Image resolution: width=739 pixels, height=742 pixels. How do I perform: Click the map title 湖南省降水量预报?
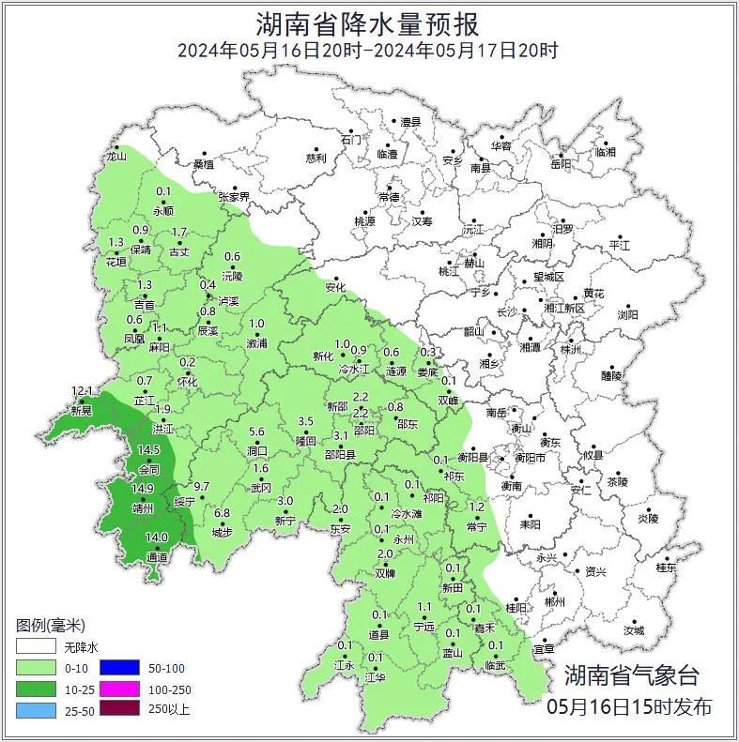tap(368, 23)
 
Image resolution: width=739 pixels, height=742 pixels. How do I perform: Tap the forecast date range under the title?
tap(368, 51)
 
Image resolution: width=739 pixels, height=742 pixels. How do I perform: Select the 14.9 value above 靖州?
tap(143, 489)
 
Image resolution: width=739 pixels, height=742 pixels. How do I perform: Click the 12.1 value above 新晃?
tap(84, 390)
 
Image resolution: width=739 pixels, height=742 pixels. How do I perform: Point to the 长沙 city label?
tap(507, 312)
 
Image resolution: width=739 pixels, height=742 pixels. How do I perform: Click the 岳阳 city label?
tap(561, 165)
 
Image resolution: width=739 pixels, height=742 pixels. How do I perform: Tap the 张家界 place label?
tap(234, 197)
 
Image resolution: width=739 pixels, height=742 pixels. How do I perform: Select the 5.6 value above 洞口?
tap(256, 432)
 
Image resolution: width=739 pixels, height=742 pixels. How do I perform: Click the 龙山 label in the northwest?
tap(115, 158)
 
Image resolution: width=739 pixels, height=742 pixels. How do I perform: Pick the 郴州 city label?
tap(555, 602)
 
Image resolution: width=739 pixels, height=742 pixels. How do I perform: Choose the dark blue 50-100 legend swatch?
tap(120, 668)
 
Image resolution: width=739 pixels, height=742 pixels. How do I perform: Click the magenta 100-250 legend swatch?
tap(120, 689)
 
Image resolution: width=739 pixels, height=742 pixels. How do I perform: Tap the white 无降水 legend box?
tap(36, 647)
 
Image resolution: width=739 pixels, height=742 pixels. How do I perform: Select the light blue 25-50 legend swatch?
tap(36, 709)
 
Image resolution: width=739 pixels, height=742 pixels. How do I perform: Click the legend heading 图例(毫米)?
tap(51, 626)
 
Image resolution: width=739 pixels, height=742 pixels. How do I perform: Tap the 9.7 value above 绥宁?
tap(200, 487)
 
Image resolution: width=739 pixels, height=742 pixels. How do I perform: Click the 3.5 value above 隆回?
tap(305, 422)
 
